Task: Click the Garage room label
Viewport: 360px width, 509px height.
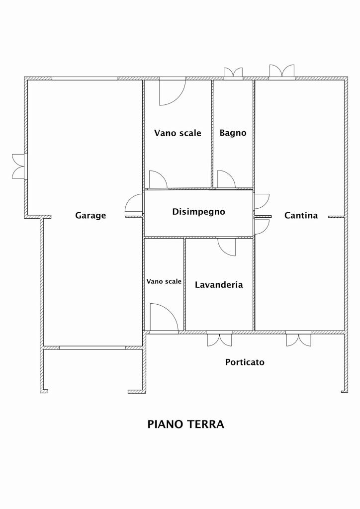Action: [x=90, y=216]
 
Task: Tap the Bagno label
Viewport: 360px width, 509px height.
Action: [x=233, y=133]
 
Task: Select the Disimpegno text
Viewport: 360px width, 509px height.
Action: [x=198, y=212]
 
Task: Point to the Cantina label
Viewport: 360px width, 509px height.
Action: [x=301, y=215]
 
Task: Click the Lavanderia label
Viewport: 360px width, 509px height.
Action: [x=219, y=285]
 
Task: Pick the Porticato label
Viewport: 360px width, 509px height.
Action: [x=245, y=362]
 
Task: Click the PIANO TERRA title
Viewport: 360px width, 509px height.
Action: [x=185, y=424]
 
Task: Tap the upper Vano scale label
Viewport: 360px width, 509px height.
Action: [x=178, y=133]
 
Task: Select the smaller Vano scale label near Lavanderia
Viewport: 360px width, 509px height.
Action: [x=164, y=281]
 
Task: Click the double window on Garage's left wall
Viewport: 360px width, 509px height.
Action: [x=19, y=166]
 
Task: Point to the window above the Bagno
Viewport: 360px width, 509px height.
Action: [x=233, y=74]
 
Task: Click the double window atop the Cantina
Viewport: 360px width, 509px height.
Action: [x=282, y=72]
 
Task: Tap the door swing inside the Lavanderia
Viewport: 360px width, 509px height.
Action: [x=227, y=247]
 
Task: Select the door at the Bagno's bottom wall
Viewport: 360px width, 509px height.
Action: [x=226, y=179]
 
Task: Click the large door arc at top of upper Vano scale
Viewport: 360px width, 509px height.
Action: [x=172, y=92]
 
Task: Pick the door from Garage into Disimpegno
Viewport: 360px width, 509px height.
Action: [x=134, y=203]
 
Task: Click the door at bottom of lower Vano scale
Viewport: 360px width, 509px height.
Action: [x=164, y=319]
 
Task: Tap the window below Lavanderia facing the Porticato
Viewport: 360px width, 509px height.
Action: [x=220, y=339]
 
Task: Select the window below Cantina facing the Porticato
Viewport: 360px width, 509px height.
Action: [x=299, y=339]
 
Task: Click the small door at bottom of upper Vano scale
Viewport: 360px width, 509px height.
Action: [x=158, y=179]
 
